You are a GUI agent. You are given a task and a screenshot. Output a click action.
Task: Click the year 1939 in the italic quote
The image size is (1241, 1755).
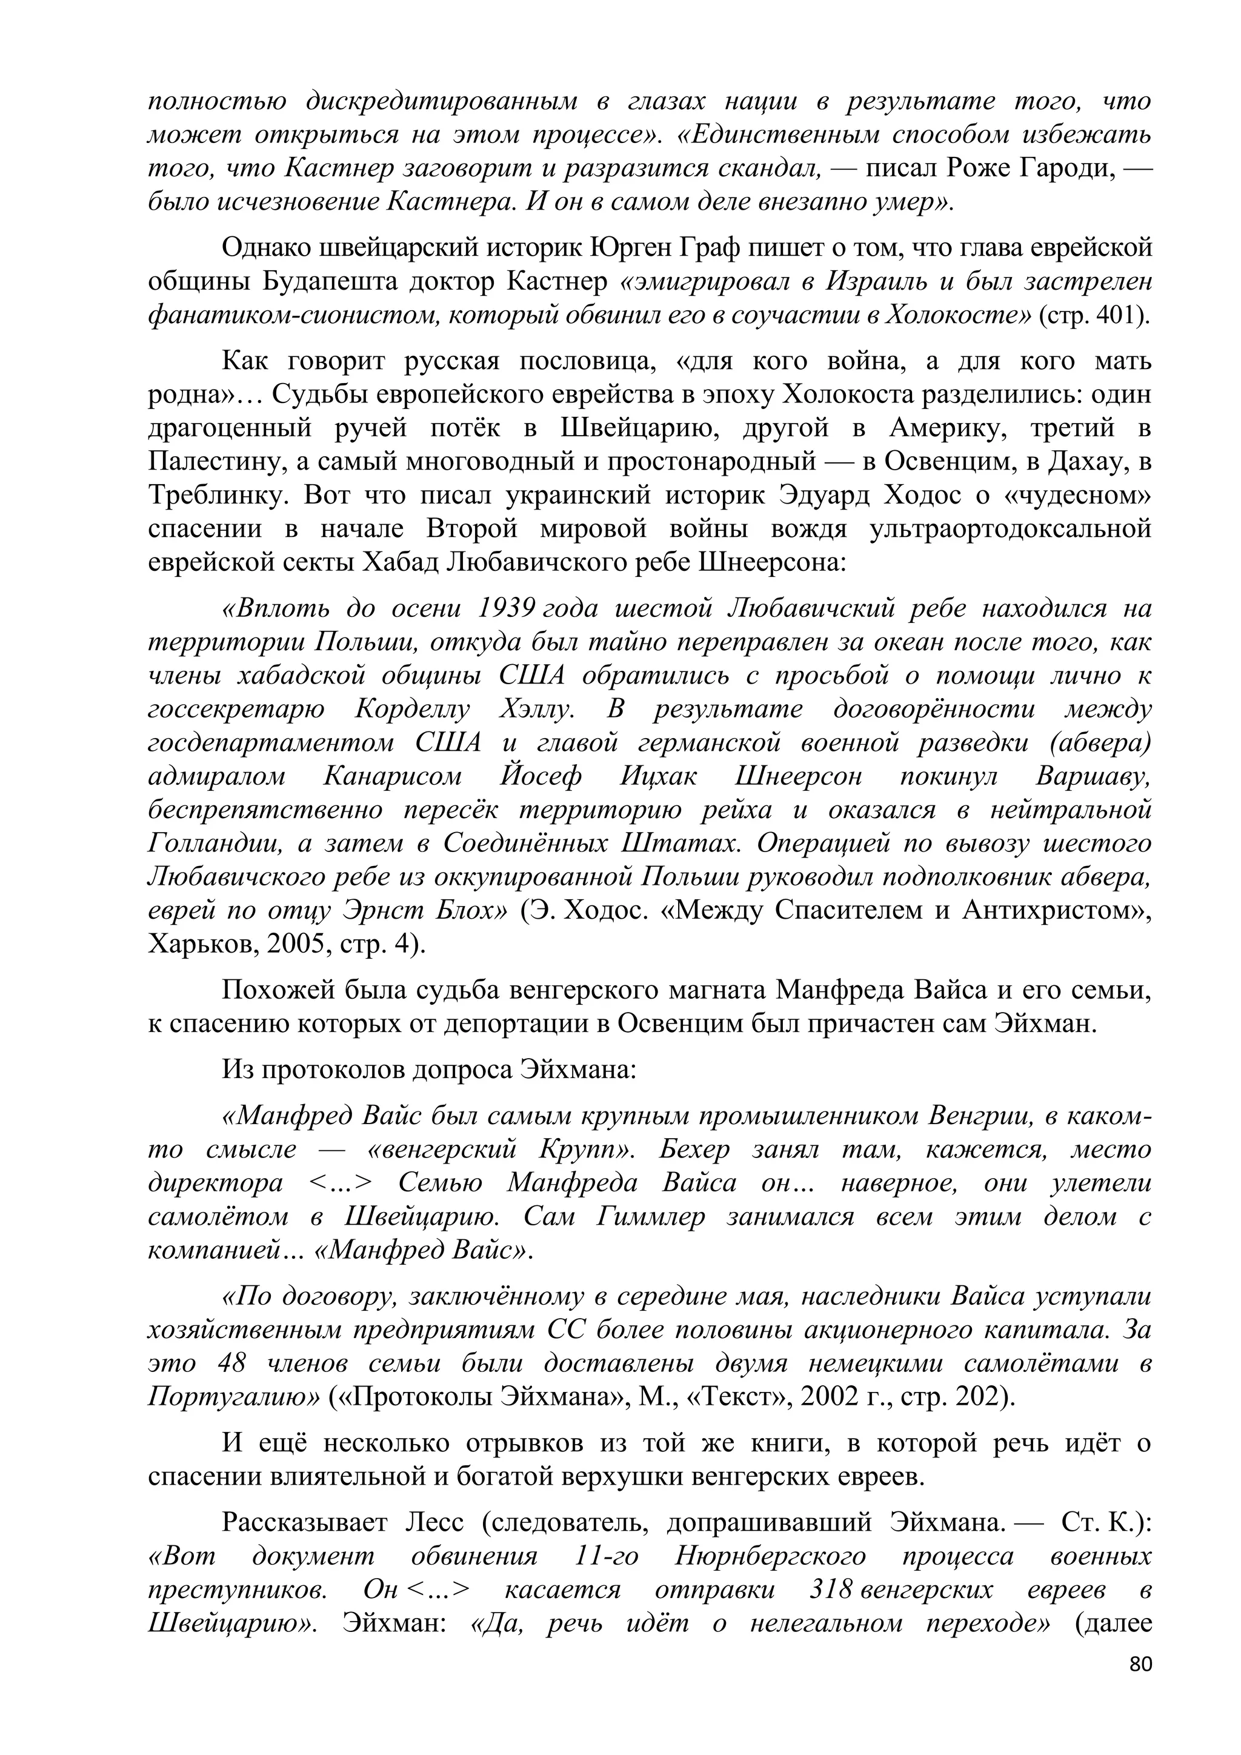[505, 608]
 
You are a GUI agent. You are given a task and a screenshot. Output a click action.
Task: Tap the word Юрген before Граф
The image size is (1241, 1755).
[627, 248]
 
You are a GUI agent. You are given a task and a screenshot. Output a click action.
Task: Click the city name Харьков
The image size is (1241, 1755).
[193, 945]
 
